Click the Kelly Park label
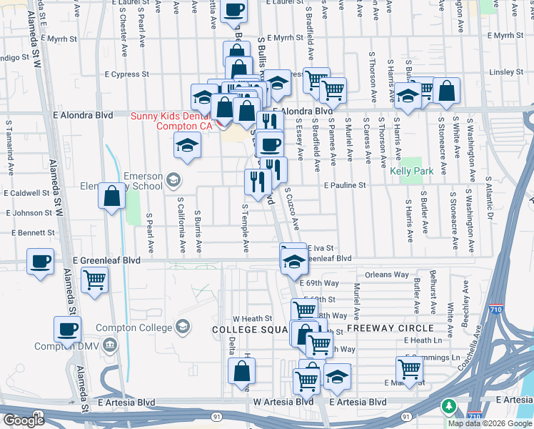click(412, 172)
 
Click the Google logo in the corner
click(23, 420)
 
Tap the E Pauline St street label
click(344, 185)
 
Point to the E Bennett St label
click(34, 233)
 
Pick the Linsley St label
click(507, 72)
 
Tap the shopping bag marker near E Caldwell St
click(113, 196)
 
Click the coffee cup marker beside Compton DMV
click(68, 330)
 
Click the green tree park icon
click(448, 406)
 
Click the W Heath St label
click(253, 318)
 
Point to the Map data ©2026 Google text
click(490, 423)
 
